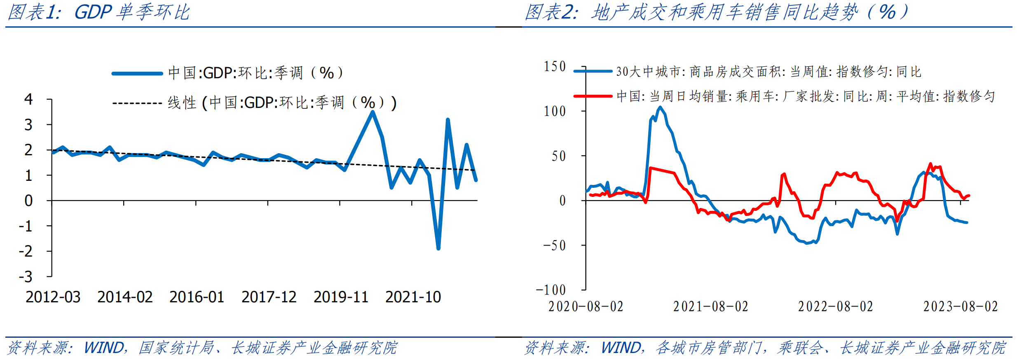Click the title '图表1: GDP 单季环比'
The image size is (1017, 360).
(99, 12)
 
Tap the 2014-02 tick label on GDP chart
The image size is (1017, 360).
(125, 297)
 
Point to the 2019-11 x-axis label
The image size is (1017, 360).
(341, 297)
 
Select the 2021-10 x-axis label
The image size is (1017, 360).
(413, 297)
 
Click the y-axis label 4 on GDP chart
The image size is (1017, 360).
(28, 99)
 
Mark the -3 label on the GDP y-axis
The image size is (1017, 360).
(26, 277)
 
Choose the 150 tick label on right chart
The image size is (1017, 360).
(555, 67)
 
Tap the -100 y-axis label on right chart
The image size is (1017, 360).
(551, 290)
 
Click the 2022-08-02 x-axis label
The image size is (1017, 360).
(835, 307)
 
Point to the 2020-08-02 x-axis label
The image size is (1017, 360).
(586, 307)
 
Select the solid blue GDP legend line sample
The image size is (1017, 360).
(137, 74)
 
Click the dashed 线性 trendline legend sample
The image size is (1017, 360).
(137, 103)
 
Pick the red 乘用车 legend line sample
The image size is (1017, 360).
(593, 96)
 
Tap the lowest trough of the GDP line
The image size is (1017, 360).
(438, 248)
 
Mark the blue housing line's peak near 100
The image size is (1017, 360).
(660, 108)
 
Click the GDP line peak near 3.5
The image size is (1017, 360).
(373, 112)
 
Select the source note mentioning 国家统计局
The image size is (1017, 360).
(202, 348)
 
